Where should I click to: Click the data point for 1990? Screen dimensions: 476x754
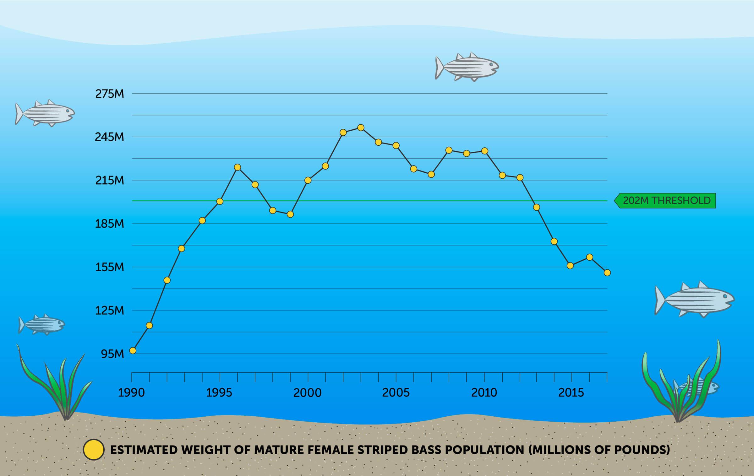tap(133, 350)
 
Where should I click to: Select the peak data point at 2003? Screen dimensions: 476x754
tap(361, 128)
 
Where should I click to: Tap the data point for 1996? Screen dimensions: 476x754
tap(238, 167)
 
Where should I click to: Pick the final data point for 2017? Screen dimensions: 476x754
tap(607, 273)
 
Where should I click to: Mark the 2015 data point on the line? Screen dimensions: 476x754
tap(570, 266)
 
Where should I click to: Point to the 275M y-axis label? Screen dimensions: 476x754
tap(110, 94)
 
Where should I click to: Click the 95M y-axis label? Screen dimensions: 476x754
tap(112, 354)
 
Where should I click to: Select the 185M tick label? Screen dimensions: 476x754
tap(110, 224)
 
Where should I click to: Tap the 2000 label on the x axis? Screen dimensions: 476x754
tap(307, 393)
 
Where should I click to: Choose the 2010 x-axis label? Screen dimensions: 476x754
tap(484, 393)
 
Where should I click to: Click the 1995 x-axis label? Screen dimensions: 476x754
tap(219, 393)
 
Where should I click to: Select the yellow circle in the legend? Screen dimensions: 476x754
tap(93, 450)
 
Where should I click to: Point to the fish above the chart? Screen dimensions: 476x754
tap(467, 67)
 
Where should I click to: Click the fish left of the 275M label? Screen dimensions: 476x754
tap(45, 113)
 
